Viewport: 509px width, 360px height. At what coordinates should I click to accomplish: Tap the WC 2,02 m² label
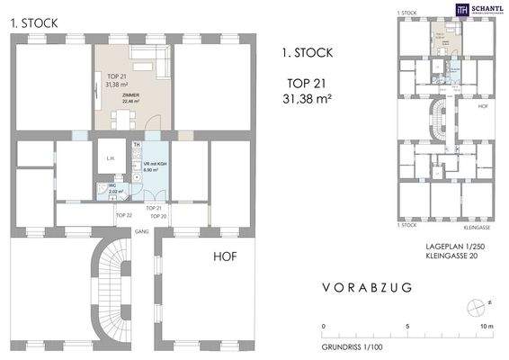[x=115, y=189]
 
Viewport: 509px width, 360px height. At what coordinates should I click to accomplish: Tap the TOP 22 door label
[x=123, y=216]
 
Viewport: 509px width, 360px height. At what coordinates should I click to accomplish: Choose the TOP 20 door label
[x=157, y=216]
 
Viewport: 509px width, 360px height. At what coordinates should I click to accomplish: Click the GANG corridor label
[x=141, y=230]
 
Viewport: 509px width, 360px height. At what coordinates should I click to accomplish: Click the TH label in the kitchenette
[x=137, y=145]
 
